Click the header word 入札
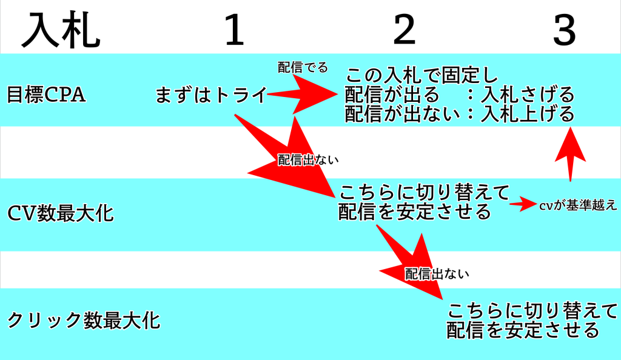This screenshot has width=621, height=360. click(61, 30)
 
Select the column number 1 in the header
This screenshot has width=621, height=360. click(234, 29)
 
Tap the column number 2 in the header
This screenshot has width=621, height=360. click(404, 29)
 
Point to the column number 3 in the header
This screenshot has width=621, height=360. click(565, 29)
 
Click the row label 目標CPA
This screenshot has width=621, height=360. click(46, 95)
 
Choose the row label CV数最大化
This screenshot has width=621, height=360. click(61, 214)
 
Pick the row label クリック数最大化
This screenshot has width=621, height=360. click(84, 321)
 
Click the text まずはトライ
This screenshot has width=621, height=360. click(210, 95)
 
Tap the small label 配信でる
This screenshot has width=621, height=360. click(303, 67)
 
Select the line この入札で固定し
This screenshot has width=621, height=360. click(421, 75)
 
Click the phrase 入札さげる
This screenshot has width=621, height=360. click(527, 94)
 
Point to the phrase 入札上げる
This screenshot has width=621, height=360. click(527, 114)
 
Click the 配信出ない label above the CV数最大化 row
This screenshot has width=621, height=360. click(308, 160)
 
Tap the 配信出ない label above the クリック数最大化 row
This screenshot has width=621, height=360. click(437, 274)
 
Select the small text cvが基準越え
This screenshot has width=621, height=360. click(578, 205)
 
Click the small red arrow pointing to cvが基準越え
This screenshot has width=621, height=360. click(523, 204)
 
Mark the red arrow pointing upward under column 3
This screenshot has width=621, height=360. click(570, 154)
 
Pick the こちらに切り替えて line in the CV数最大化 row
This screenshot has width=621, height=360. click(424, 192)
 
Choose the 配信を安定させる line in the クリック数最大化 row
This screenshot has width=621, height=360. click(523, 330)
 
